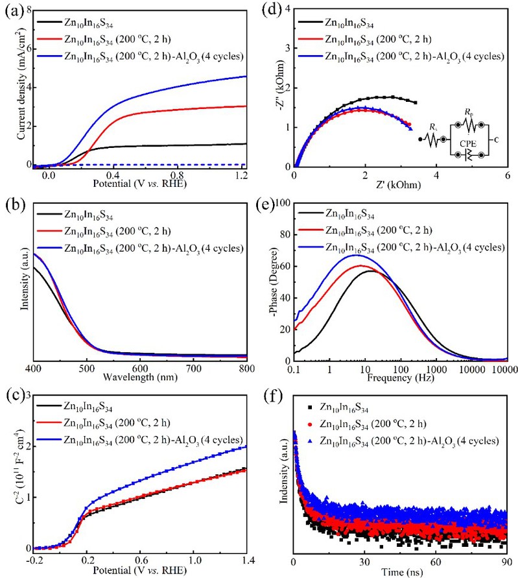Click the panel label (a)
[x=11, y=9]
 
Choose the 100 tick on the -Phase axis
[x=284, y=202]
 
